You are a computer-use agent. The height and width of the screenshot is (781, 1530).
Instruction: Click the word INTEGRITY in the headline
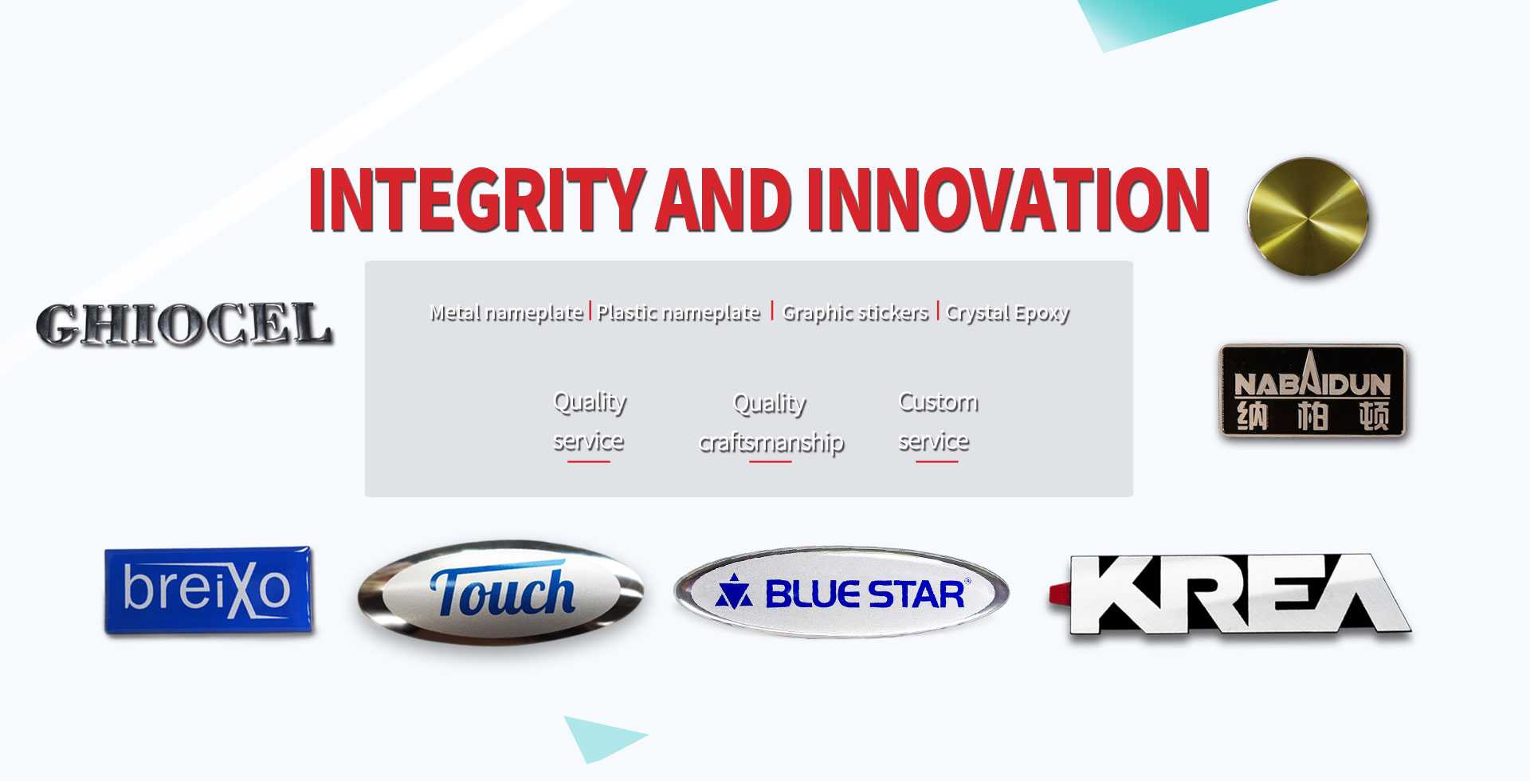click(x=477, y=199)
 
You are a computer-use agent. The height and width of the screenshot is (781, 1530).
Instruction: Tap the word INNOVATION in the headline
click(x=1008, y=199)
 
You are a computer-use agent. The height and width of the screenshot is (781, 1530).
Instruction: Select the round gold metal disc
click(x=1308, y=217)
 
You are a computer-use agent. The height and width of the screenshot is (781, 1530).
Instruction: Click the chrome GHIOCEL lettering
click(x=183, y=324)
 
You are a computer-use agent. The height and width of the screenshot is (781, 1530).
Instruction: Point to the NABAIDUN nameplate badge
click(x=1312, y=390)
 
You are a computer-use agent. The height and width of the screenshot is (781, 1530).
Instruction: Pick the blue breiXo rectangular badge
click(x=208, y=590)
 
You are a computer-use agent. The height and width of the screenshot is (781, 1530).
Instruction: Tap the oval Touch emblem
click(x=500, y=593)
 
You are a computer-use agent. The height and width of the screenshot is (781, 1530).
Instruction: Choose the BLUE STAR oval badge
click(x=841, y=592)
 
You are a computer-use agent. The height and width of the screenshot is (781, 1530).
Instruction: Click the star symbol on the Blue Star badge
click(x=733, y=592)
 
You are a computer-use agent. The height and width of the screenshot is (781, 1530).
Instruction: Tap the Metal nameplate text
click(x=506, y=312)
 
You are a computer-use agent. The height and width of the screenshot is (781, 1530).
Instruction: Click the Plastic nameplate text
click(x=679, y=312)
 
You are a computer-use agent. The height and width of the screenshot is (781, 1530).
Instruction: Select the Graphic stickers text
click(x=855, y=312)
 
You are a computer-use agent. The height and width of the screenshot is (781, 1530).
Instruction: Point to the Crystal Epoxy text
click(x=1007, y=312)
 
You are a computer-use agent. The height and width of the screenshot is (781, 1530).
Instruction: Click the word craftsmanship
click(x=771, y=442)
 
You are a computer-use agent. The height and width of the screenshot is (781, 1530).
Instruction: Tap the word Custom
click(x=938, y=402)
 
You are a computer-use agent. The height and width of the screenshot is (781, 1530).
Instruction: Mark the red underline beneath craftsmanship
click(x=771, y=461)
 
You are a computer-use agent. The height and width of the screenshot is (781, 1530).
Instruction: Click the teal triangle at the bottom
click(x=599, y=737)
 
